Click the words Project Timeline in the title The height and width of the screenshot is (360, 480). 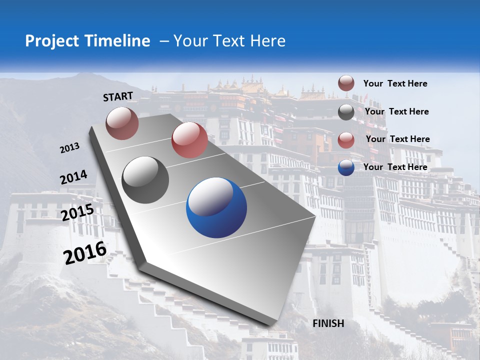[87, 41]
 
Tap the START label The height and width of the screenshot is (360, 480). [118, 96]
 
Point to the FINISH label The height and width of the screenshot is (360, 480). [328, 323]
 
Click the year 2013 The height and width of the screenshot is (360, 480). [70, 147]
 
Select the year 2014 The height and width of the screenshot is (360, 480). [73, 177]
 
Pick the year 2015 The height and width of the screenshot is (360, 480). [77, 212]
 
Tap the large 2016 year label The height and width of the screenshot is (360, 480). [85, 252]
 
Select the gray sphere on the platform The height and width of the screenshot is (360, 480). [145, 180]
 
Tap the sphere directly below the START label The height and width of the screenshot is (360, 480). [122, 123]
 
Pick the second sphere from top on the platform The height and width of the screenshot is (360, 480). [189, 140]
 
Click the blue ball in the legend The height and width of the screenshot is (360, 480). [346, 167]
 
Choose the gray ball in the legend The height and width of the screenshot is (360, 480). [346, 112]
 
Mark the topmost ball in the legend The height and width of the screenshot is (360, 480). [346, 83]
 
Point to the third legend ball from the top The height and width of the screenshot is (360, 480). [346, 140]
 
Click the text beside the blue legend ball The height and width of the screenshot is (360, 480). [395, 167]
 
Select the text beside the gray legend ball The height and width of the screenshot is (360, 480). [397, 111]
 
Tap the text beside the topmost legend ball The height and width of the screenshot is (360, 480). [395, 83]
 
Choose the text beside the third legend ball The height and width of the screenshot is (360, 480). [398, 139]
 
